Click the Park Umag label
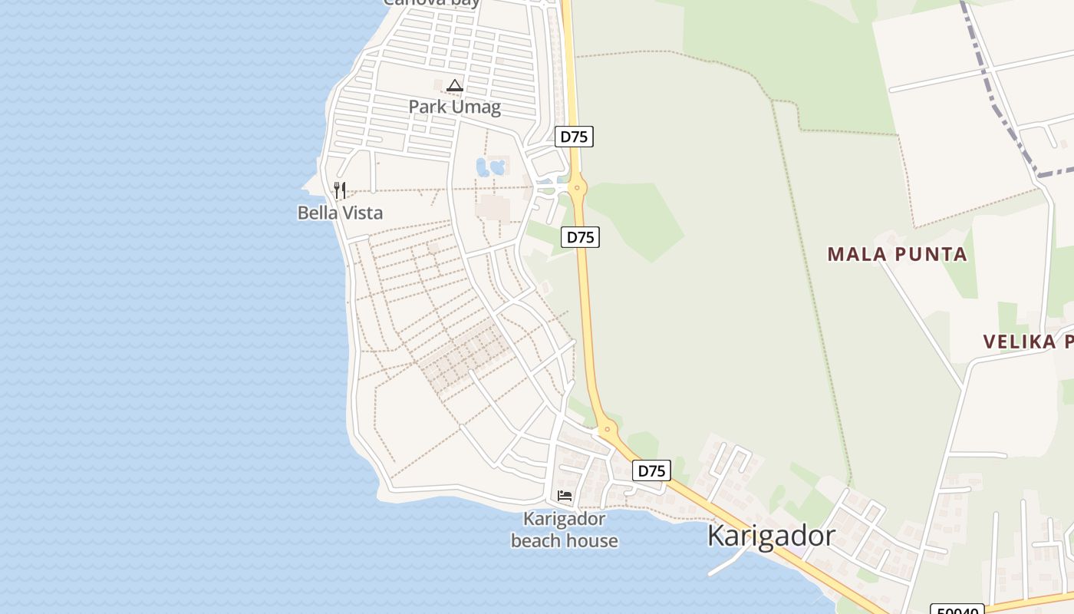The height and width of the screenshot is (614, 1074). tap(454, 107)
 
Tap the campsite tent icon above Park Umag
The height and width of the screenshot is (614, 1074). tap(455, 85)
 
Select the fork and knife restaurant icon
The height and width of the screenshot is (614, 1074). tap(340, 190)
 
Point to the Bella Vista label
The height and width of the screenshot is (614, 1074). tap(340, 213)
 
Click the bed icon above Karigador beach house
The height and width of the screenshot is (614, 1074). tap(565, 496)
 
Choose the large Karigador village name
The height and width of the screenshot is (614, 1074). tap(771, 535)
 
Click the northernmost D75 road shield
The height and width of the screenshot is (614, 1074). tap(574, 137)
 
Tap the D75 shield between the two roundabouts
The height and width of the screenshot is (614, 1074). tap(580, 237)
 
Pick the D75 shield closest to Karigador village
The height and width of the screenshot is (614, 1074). tap(651, 470)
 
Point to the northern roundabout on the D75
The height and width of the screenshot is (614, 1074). tap(577, 187)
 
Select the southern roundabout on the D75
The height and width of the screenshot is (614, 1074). tap(607, 430)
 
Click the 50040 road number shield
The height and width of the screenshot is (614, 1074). tap(957, 609)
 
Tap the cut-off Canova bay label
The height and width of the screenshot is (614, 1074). tap(431, 3)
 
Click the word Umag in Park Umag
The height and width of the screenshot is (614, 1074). tap(478, 107)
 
